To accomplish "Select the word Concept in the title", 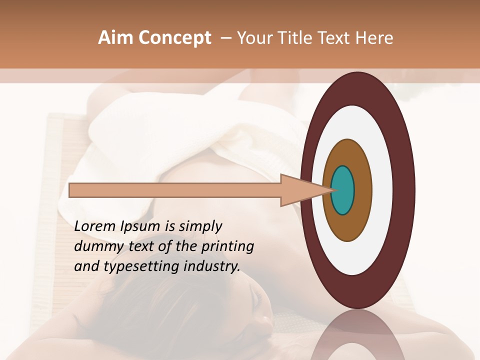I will point(174,38).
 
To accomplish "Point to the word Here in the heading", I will point(375,38).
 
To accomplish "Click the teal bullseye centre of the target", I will point(343,190).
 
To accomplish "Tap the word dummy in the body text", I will point(95,246).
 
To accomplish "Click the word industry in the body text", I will point(212,266).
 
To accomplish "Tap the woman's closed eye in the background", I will point(258,300).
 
